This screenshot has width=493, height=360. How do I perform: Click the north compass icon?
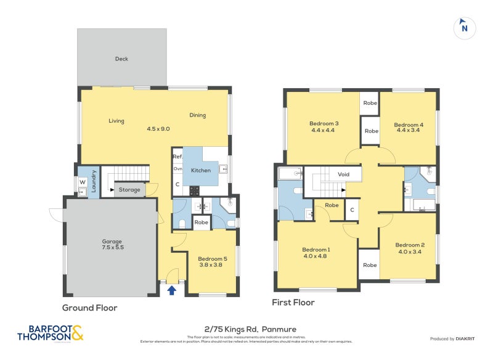pos(465,27)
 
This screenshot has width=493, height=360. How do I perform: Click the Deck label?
pos(121,59)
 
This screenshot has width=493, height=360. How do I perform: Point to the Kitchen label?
pos(201,170)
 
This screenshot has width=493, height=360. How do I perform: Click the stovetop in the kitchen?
pos(194,190)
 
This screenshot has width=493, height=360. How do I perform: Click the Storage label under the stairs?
pos(129,190)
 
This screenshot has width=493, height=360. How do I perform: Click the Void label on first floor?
pos(343,174)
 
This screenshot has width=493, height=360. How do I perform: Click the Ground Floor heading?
pos(90,308)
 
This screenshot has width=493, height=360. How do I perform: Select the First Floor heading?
pos(293,303)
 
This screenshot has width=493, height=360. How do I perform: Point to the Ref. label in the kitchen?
pos(177,157)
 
